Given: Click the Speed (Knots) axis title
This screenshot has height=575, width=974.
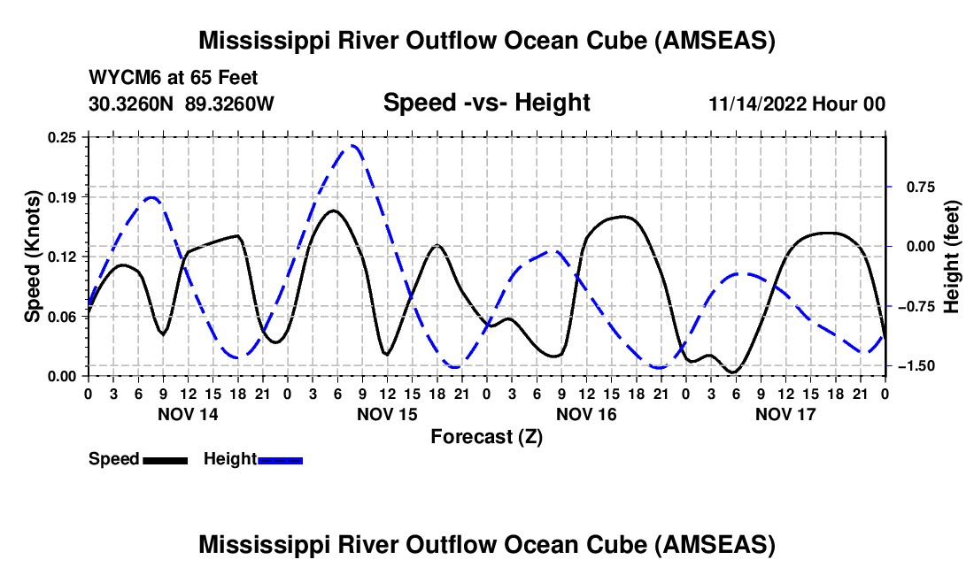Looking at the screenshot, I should [32, 257].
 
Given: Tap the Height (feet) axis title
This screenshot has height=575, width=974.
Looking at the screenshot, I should [952, 257].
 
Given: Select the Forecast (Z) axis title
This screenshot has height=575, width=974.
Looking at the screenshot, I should [486, 436].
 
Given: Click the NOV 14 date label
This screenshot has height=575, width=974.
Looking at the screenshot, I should [188, 413].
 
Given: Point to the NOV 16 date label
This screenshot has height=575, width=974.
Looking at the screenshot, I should [586, 413].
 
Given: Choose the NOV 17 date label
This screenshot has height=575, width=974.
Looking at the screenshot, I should [785, 413].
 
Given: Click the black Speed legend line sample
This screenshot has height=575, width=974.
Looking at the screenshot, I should [165, 459].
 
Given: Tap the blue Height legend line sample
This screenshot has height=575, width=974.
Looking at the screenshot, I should [280, 459].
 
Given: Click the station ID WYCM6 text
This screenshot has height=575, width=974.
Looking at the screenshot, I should [120, 78].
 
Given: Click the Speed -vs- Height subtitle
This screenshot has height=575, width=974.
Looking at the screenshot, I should [486, 103].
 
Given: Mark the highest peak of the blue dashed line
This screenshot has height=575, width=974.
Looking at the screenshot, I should [353, 146].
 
